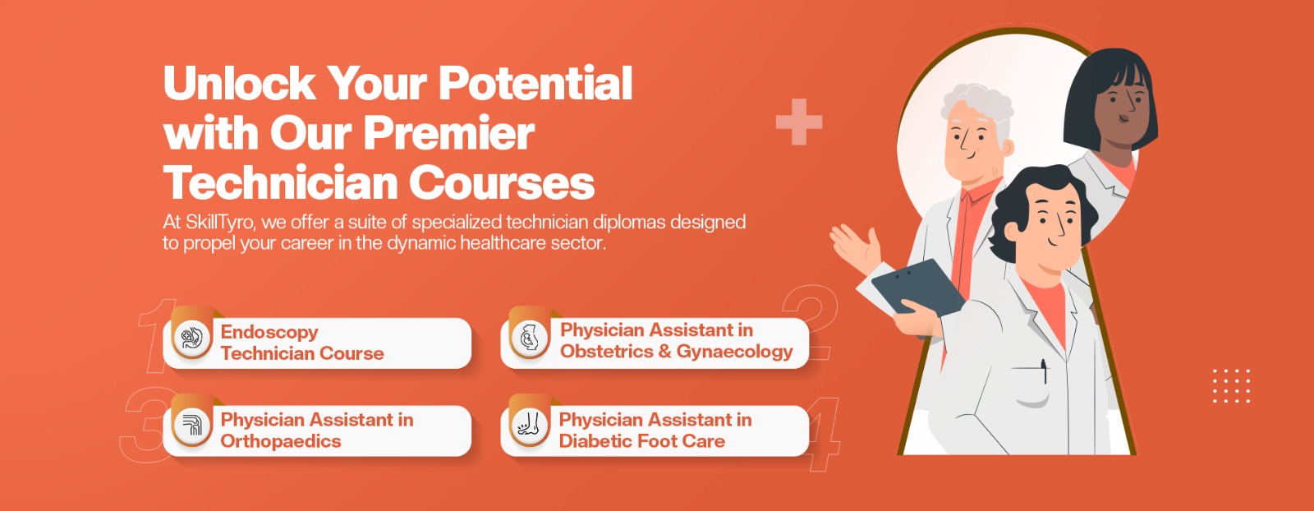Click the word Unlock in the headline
coord(239,83)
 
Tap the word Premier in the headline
coord(448,133)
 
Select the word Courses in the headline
coord(502,182)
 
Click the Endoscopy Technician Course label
coord(302,343)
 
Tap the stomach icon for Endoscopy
coord(192,338)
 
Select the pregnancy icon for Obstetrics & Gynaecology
coord(529,338)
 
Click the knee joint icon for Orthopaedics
coord(192,426)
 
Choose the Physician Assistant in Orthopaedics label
coord(317,430)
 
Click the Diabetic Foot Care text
coord(641,441)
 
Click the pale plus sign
coord(799,122)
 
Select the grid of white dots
coord(1231,386)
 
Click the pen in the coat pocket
coord(1044,371)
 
